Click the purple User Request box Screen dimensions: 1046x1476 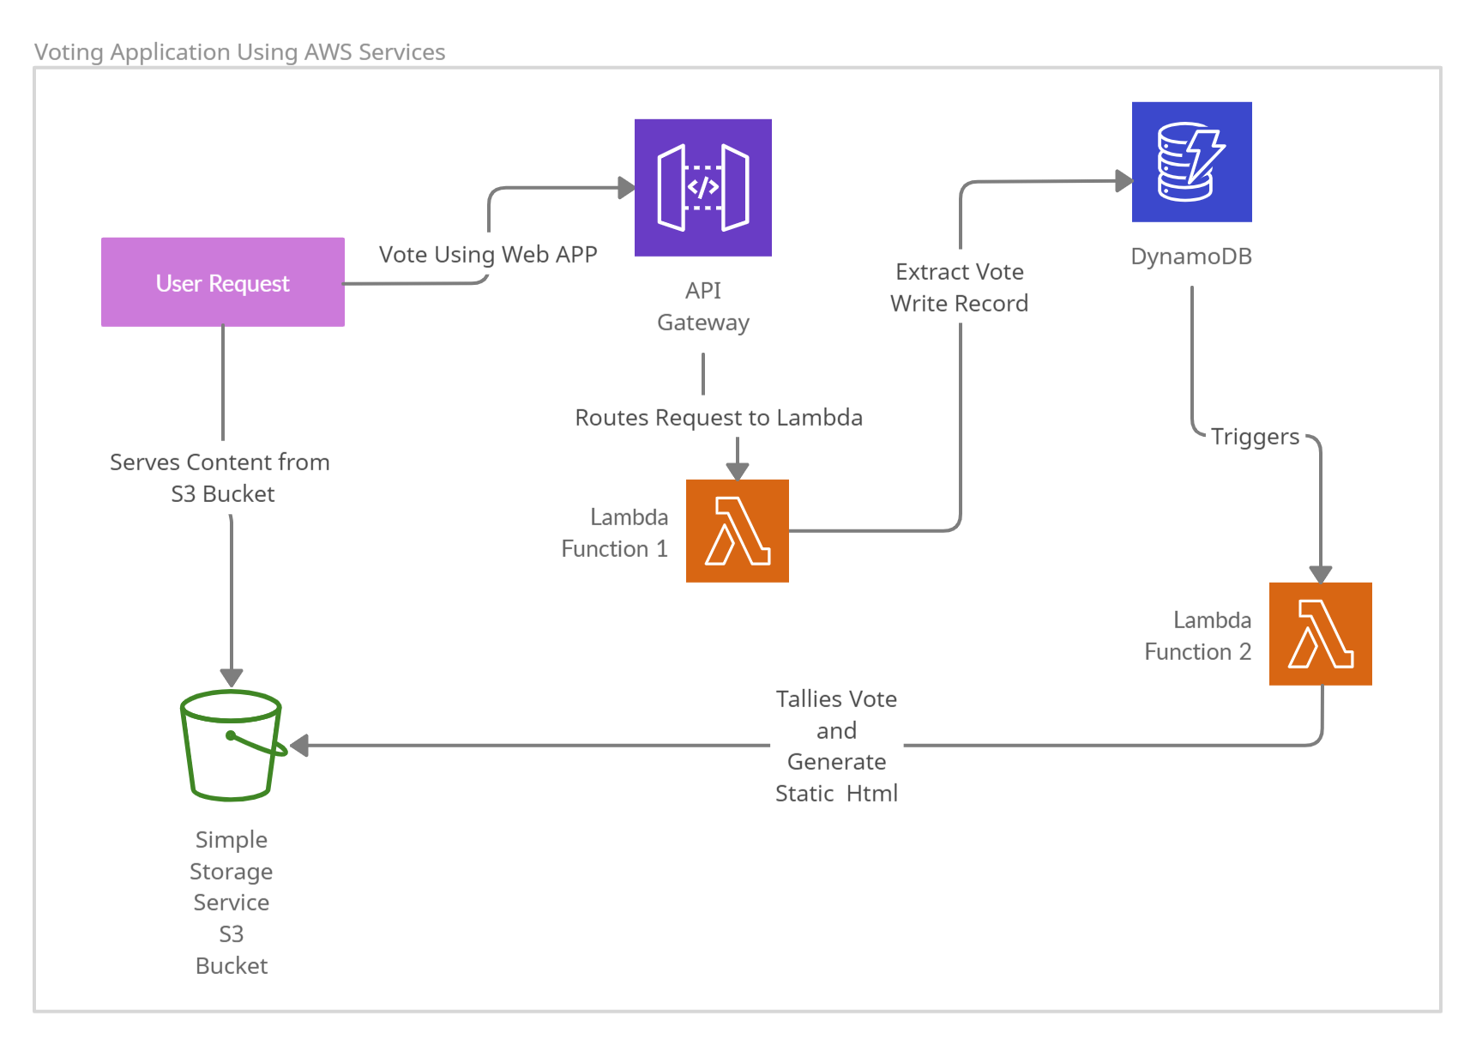(x=223, y=282)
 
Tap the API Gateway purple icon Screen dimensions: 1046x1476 (x=702, y=187)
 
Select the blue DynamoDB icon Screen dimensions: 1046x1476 (x=1191, y=161)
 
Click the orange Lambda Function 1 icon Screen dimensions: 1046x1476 (x=737, y=530)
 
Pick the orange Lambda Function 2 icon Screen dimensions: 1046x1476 (x=1320, y=633)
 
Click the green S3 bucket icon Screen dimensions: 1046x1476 (x=232, y=745)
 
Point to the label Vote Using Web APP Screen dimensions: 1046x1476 (x=488, y=254)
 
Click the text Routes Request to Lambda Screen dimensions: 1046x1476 (x=719, y=417)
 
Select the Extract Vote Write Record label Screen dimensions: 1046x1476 (x=959, y=287)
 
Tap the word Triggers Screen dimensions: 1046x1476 (x=1255, y=436)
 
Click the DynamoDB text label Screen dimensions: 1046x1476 (x=1191, y=256)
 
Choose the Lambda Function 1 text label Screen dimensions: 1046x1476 (x=615, y=532)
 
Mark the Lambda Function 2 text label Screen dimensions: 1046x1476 (x=1198, y=635)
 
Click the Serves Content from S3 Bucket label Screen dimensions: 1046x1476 (x=220, y=477)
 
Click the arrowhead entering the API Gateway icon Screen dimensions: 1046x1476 (x=627, y=187)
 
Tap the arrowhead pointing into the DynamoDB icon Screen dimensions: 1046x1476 (x=1124, y=180)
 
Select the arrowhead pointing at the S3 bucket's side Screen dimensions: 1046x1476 (x=299, y=745)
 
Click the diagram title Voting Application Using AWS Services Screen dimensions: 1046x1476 (x=239, y=51)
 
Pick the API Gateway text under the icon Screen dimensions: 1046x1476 (x=703, y=305)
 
